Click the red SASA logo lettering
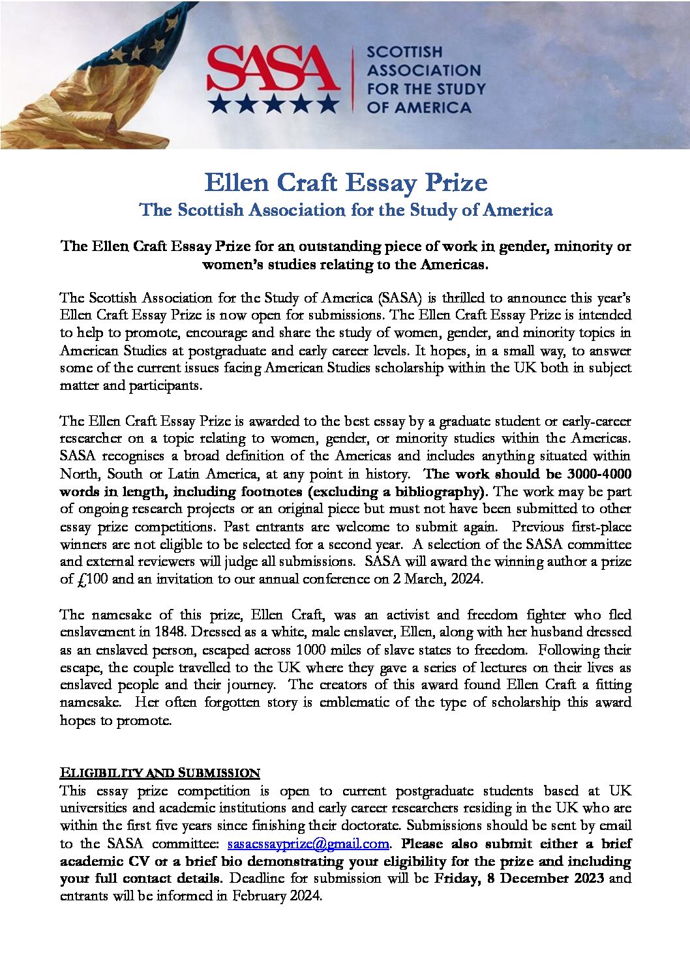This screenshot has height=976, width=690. (273, 68)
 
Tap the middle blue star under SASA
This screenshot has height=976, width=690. (273, 103)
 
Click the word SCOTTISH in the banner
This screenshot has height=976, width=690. (404, 52)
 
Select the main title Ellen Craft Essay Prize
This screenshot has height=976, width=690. (346, 183)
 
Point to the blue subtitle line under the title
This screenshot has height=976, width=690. (346, 210)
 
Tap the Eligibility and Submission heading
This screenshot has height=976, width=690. (160, 773)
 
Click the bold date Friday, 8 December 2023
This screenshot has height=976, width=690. (519, 878)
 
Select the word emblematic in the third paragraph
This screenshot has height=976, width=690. (364, 702)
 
